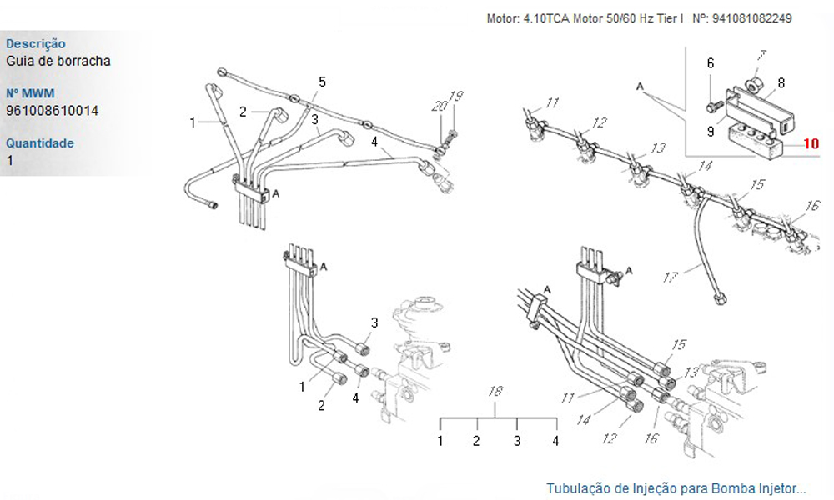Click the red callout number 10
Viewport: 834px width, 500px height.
[811, 143]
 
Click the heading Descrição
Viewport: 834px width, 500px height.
[35, 43]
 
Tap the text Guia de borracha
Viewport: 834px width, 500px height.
[58, 61]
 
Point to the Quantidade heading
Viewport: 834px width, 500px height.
[39, 142]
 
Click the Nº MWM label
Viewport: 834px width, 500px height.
[29, 93]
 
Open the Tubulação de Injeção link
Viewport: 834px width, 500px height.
[676, 487]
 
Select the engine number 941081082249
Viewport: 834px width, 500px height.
[750, 17]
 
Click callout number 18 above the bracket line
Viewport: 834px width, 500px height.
[496, 391]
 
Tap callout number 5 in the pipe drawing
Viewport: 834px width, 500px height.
[322, 81]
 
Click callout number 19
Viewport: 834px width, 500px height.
[455, 96]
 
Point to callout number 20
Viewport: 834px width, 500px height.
[439, 106]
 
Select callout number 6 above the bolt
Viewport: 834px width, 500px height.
[711, 63]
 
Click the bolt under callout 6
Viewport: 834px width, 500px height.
[711, 106]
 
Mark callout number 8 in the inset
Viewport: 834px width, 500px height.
[781, 82]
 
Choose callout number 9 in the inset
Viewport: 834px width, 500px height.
[711, 130]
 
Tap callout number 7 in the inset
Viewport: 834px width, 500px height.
[760, 57]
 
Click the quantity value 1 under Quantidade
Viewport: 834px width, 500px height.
[9, 160]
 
